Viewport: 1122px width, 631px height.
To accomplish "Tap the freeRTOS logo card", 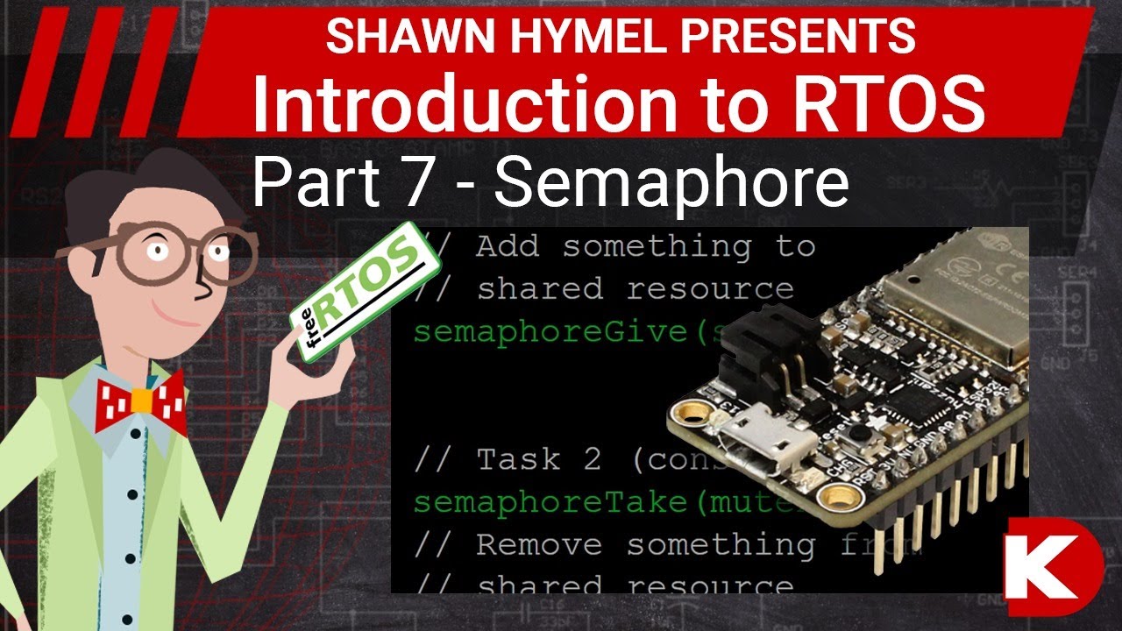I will pos(366,291).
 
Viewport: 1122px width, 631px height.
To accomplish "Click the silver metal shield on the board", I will pos(955,298).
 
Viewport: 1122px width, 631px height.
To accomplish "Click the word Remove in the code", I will pos(539,545).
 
